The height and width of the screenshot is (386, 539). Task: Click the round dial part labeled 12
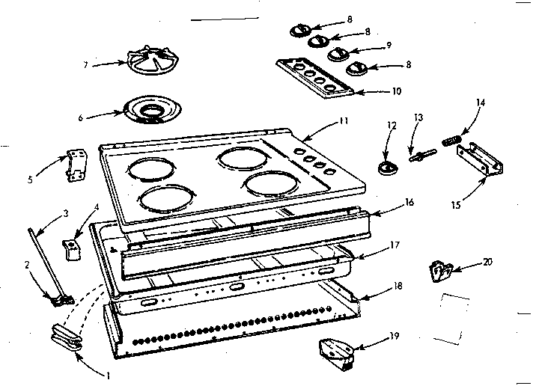coord(387,171)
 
